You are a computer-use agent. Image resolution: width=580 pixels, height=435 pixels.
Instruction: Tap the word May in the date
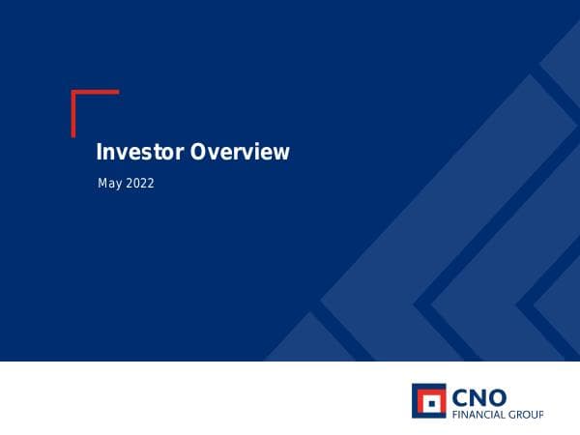click(109, 183)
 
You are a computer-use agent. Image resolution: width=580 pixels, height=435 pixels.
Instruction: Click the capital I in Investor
click(99, 152)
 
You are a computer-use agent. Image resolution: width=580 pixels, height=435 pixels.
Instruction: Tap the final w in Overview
click(281, 153)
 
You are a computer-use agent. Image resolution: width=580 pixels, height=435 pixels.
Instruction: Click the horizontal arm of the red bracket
click(96, 92)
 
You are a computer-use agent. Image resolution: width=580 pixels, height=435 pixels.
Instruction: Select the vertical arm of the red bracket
click(73, 114)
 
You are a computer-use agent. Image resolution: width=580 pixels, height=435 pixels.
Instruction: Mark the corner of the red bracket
click(73, 92)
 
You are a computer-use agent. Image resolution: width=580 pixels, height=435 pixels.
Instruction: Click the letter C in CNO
click(462, 396)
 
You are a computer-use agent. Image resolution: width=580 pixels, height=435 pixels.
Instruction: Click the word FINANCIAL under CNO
click(478, 414)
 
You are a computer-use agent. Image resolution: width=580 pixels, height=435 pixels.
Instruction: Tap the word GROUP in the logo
click(526, 414)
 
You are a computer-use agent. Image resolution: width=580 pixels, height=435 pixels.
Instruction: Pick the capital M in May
click(102, 182)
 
